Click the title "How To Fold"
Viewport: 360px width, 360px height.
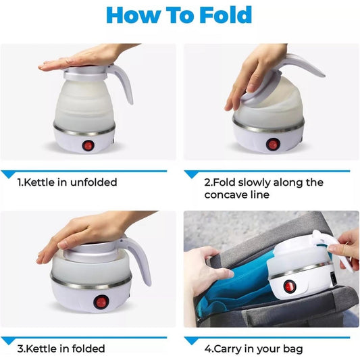[180, 16]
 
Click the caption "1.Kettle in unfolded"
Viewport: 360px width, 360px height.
[67, 182]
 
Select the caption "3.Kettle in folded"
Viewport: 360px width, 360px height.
[61, 349]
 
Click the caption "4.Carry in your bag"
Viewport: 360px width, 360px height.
[254, 349]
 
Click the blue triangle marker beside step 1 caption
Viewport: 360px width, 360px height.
[9, 174]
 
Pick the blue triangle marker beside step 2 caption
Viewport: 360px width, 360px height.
[192, 174]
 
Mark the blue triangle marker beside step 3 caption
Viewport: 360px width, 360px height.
[9, 340]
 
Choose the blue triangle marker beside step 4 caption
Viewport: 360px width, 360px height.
[192, 340]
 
